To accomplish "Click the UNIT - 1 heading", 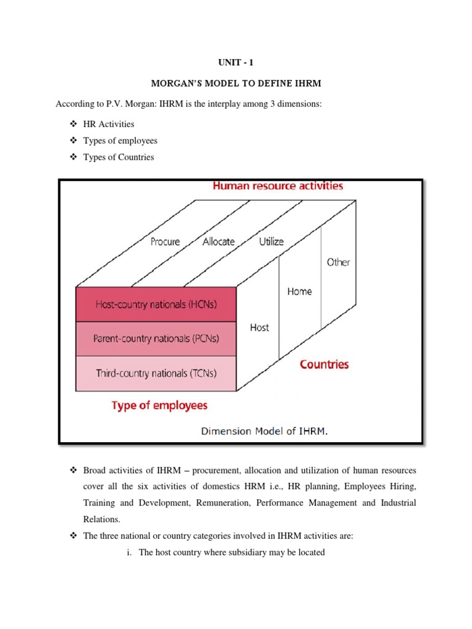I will click(235, 62).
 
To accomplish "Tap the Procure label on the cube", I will click(165, 241).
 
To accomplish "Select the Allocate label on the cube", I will click(218, 241).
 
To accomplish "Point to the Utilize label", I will click(271, 241).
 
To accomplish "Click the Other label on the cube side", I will click(338, 262).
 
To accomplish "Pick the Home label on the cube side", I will click(299, 291).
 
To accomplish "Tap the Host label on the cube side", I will click(259, 327).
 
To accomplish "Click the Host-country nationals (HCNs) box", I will click(156, 303).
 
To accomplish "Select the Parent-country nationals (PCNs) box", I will click(156, 338).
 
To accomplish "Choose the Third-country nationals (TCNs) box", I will click(156, 373).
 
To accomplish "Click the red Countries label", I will click(324, 364).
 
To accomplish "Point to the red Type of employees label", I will click(159, 405).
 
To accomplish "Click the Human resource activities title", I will click(278, 186).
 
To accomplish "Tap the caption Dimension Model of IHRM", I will click(264, 431).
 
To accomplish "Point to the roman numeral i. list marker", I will click(130, 552).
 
